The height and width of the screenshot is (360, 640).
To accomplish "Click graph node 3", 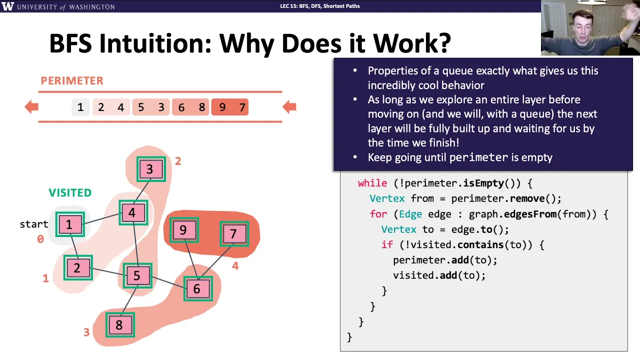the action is click(x=151, y=169).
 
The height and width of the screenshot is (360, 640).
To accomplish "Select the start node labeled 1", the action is click(x=70, y=224).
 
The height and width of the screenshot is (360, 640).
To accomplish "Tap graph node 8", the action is click(x=120, y=324).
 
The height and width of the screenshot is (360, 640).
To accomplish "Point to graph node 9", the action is click(x=184, y=230).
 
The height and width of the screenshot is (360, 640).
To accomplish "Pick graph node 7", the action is click(x=234, y=233).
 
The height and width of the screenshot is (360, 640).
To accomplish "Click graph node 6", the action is click(x=198, y=288).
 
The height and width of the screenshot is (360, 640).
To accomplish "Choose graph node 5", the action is click(x=137, y=275).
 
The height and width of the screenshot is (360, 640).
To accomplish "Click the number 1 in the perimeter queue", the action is click(x=80, y=107).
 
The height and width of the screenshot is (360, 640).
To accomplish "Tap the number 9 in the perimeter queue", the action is click(x=222, y=107).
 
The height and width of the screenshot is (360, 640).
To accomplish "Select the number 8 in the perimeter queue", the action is click(x=201, y=107).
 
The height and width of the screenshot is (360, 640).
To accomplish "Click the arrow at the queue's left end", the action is click(x=31, y=107).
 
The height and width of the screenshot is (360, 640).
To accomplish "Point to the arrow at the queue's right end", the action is click(x=289, y=107).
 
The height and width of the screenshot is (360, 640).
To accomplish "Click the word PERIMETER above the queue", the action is click(x=72, y=81).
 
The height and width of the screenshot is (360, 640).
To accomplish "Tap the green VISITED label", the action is click(x=70, y=193).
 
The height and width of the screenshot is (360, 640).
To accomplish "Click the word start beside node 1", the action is click(x=33, y=224).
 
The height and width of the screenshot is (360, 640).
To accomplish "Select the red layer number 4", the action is click(x=235, y=266).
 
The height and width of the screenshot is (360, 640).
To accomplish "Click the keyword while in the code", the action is click(x=372, y=183).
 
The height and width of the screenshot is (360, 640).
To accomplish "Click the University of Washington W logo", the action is click(x=7, y=6).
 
